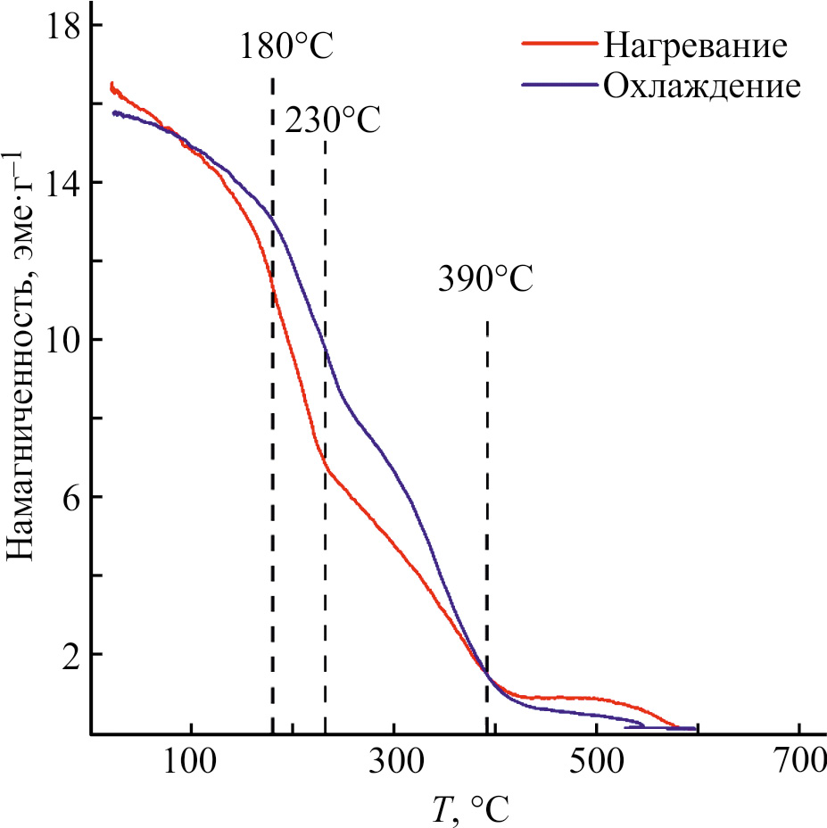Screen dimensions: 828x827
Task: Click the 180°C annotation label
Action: pos(286,46)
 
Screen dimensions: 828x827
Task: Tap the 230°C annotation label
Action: pos(332,120)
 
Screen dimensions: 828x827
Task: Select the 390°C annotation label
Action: pos(485,279)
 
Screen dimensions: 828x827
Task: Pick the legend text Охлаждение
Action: pos(700,86)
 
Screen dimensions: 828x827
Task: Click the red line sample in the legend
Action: pos(558,43)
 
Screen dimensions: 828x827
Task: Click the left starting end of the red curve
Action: pos(112,86)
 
